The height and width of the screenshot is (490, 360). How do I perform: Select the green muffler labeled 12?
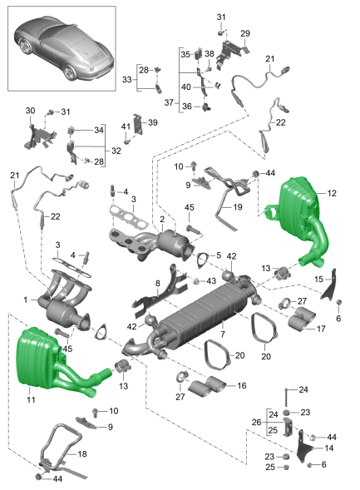[300, 215]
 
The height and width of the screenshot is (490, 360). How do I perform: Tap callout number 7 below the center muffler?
[223, 334]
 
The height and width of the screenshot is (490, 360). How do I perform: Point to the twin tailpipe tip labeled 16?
[206, 386]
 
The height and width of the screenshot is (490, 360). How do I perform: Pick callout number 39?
[153, 122]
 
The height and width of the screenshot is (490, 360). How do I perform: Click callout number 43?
[211, 280]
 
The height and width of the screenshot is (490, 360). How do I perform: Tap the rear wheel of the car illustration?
[70, 72]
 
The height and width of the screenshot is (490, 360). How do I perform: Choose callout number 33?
[126, 79]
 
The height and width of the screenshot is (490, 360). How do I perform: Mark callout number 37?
[169, 102]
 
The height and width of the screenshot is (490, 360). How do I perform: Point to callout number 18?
[82, 453]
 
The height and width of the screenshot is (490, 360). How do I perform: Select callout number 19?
[238, 207]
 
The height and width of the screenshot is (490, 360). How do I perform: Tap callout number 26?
[256, 422]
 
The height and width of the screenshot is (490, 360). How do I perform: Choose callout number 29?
[245, 33]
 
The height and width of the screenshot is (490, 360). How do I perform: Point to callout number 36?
[187, 106]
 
